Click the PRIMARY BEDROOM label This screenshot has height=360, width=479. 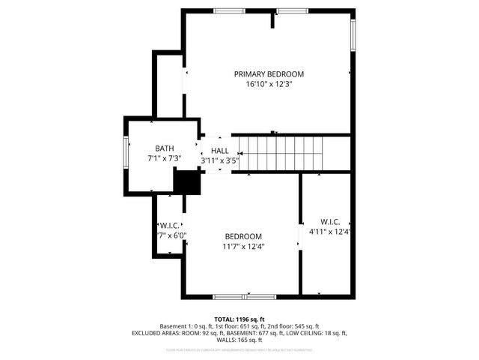point(269,73)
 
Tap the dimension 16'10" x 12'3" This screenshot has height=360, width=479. point(269,84)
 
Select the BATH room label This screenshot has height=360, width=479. point(165,148)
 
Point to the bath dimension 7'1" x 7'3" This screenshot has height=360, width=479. point(165,159)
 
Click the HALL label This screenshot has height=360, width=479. point(219,151)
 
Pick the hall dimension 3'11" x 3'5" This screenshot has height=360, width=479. point(219,160)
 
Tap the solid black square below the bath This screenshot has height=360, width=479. point(187,181)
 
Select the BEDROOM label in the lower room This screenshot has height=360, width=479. point(243,235)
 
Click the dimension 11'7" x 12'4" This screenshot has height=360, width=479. point(243,246)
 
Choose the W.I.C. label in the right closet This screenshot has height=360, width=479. point(330,221)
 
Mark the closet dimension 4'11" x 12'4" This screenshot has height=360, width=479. point(330,231)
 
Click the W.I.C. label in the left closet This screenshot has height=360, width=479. point(168,225)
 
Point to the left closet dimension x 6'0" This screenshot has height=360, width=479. point(171,235)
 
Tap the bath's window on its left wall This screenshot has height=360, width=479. point(126,153)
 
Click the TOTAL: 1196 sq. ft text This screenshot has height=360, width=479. point(239,319)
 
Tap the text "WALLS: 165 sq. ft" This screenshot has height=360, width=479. point(239,340)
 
